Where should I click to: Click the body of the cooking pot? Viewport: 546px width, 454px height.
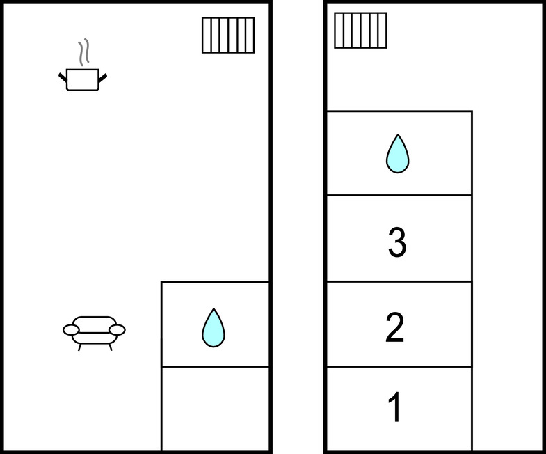tap(83, 80)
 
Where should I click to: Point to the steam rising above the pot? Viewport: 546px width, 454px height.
tap(83, 52)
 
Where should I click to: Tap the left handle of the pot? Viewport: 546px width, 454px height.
tap(63, 77)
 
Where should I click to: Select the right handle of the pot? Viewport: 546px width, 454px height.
tap(103, 78)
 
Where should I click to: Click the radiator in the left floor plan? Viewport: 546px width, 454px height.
tap(228, 36)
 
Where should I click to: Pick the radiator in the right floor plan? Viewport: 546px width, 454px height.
tap(360, 31)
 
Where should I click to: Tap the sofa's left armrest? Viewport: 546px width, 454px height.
tap(71, 329)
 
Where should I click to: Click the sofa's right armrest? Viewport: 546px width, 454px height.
tap(117, 329)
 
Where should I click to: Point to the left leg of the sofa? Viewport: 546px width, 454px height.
tap(79, 347)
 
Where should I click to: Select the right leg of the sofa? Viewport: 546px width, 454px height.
tap(111, 347)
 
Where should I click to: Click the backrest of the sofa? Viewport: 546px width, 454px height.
tap(95, 324)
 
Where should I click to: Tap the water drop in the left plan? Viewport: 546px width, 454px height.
tap(214, 328)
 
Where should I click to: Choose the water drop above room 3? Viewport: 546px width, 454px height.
tap(398, 154)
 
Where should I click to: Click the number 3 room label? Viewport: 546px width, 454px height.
tap(397, 242)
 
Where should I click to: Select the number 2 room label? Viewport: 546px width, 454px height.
tap(395, 327)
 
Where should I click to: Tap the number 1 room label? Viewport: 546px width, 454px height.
tap(394, 407)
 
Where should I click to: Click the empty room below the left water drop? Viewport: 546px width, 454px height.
tap(215, 408)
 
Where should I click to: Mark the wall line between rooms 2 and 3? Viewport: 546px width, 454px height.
tap(399, 281)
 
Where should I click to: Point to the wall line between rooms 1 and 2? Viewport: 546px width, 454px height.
tap(399, 367)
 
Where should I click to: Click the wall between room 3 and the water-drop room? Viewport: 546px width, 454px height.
tap(399, 195)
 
